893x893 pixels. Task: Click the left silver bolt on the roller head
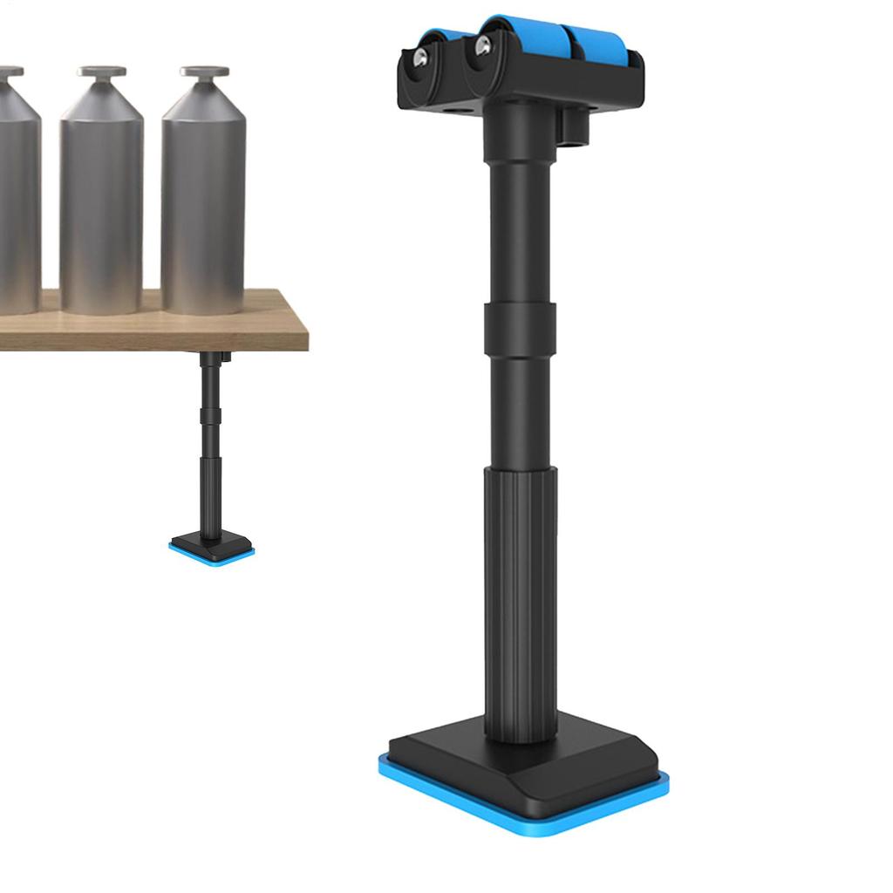coord(420,58)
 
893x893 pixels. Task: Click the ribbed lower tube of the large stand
coord(521,593)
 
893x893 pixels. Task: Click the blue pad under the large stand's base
coord(523,807)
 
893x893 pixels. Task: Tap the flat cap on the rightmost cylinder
coord(205,72)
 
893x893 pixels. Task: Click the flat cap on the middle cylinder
coord(101,72)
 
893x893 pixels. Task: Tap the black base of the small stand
coord(212,544)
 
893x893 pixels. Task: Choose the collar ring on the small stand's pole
coord(209,410)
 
